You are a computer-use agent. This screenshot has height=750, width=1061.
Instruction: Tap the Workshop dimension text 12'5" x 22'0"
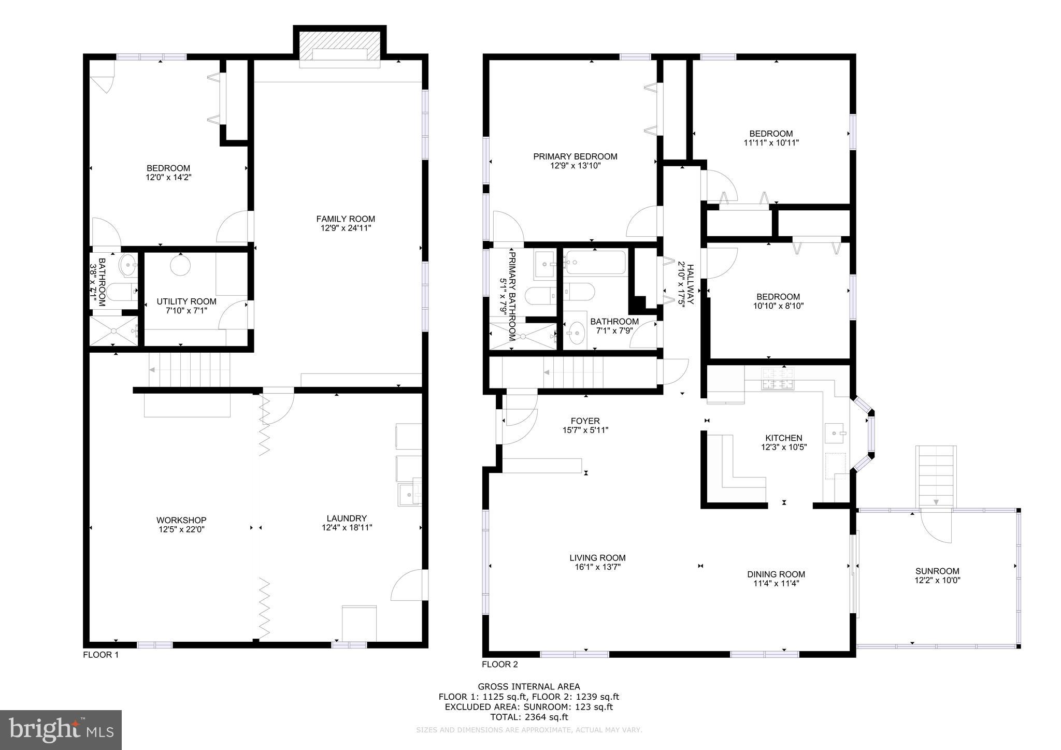pyautogui.click(x=181, y=529)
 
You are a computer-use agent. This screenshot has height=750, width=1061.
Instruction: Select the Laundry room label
pyautogui.click(x=347, y=518)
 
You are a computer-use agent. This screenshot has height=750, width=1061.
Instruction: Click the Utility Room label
pyautogui.click(x=187, y=301)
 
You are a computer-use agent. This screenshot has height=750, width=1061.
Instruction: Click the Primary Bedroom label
pyautogui.click(x=575, y=156)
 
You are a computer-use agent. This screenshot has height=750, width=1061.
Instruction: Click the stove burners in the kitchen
pyautogui.click(x=777, y=378)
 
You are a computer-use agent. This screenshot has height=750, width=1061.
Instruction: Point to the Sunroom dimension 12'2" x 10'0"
pyautogui.click(x=937, y=581)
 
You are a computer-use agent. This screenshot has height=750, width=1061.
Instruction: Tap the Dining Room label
pyautogui.click(x=776, y=574)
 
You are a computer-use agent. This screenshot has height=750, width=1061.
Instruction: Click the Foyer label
pyautogui.click(x=585, y=421)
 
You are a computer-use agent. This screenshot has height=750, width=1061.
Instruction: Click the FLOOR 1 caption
pyautogui.click(x=101, y=655)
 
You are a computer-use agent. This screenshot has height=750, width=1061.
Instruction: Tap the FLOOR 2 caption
pyautogui.click(x=499, y=665)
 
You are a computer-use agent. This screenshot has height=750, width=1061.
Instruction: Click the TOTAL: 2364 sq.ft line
pyautogui.click(x=529, y=717)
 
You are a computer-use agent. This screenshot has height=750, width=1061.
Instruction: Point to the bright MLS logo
pyautogui.click(x=61, y=730)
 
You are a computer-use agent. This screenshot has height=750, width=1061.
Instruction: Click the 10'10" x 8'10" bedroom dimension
pyautogui.click(x=778, y=306)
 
